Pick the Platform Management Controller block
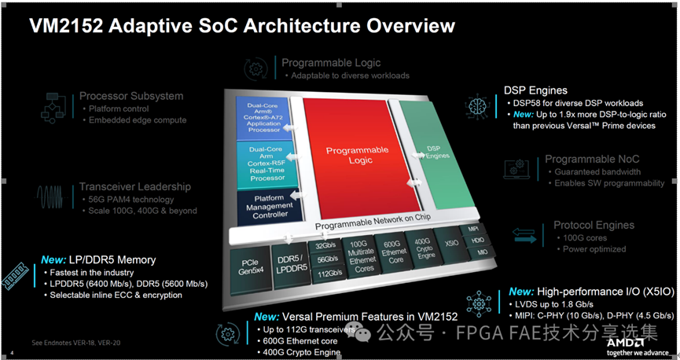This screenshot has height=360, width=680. tap(270, 207)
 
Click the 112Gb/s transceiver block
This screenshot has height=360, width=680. tap(328, 274)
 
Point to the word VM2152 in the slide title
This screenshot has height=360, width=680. tap(64, 26)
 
